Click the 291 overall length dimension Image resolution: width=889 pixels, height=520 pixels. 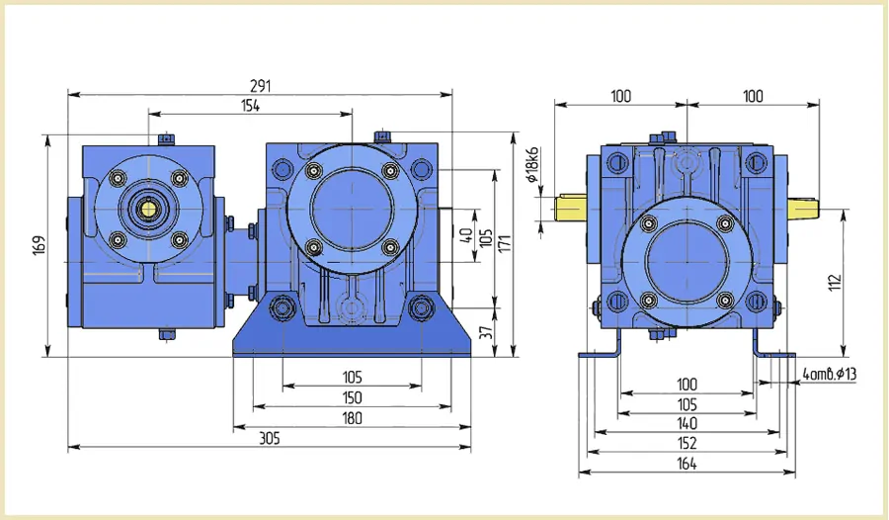(260, 86)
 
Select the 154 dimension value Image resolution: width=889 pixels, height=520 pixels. (250, 106)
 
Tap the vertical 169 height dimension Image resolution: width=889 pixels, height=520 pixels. (40, 245)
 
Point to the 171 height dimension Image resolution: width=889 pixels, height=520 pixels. (505, 243)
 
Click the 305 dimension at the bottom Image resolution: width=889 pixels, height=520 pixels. (270, 438)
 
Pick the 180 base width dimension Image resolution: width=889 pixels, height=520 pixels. (352, 418)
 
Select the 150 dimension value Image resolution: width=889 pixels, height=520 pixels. (352, 398)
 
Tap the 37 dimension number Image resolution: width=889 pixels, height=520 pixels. (486, 333)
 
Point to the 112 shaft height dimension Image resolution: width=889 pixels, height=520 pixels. (835, 283)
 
